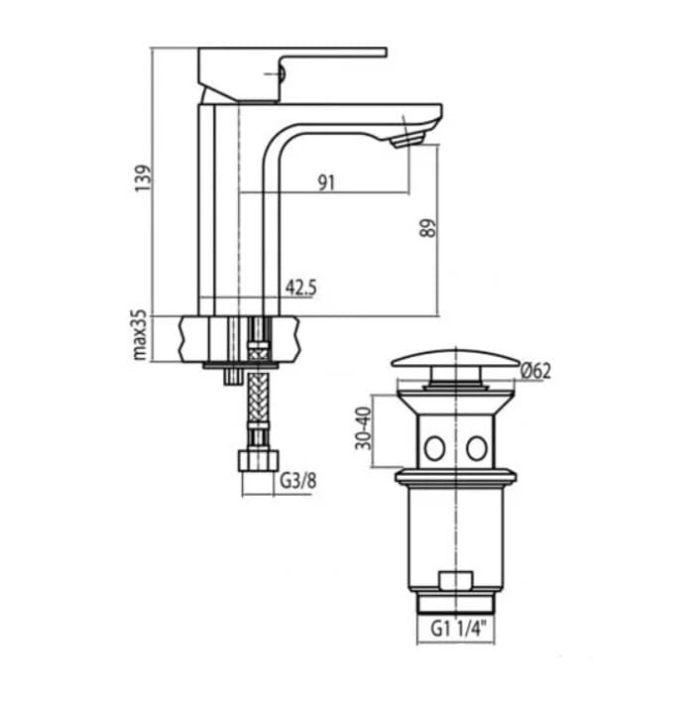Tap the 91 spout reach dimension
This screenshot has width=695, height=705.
pyautogui.click(x=327, y=181)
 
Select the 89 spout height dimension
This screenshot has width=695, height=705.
pyautogui.click(x=427, y=228)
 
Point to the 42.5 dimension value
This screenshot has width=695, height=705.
pyautogui.click(x=300, y=288)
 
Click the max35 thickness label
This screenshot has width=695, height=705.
pyautogui.click(x=141, y=334)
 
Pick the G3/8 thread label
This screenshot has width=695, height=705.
pyautogui.click(x=294, y=483)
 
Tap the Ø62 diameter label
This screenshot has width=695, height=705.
pyautogui.click(x=535, y=372)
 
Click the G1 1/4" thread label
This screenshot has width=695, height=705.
pyautogui.click(x=456, y=628)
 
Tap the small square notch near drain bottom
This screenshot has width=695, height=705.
pyautogui.click(x=455, y=580)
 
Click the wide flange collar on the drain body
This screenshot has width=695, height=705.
pyautogui.click(x=455, y=478)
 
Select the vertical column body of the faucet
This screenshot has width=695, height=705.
pyautogui.click(x=219, y=208)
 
